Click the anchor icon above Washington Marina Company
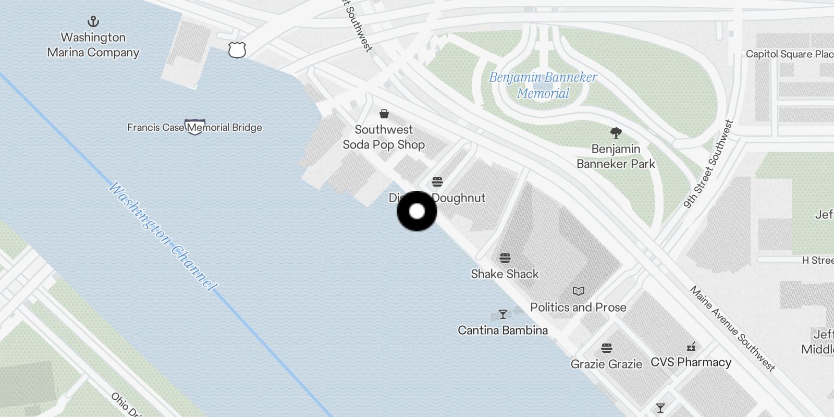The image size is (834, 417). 93,21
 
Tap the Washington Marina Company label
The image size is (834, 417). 93,45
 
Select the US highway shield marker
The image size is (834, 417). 237,50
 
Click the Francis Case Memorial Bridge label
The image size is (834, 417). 194,127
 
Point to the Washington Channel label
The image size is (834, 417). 163,237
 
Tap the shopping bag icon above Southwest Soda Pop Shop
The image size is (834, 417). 384,114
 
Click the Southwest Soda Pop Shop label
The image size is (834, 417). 384,137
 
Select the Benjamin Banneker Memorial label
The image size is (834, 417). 543,85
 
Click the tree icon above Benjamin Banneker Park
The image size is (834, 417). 616,133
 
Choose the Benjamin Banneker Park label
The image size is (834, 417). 616,156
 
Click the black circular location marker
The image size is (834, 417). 417,211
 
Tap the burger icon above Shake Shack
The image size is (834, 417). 505,258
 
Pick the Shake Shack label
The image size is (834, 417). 505,274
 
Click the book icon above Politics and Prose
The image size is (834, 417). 579,291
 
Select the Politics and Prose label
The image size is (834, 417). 578,307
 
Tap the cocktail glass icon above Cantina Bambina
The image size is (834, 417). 503,314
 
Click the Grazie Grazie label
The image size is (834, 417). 606,364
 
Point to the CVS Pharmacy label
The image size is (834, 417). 691,362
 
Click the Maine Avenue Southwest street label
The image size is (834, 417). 732,328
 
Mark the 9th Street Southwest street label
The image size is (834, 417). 708,165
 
